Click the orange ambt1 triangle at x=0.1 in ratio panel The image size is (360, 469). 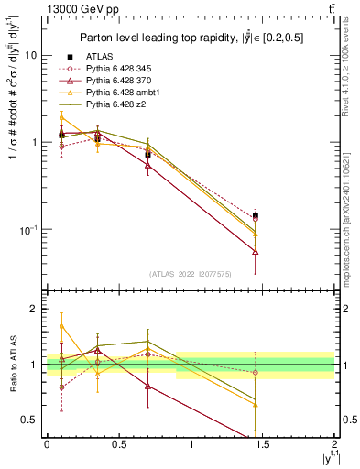pos(61,325)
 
